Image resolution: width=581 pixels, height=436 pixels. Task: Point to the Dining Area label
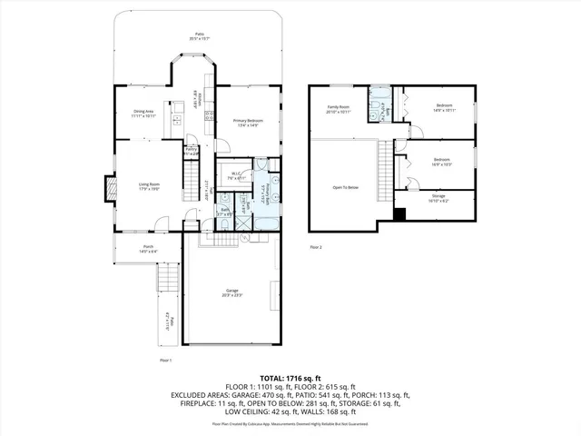point(144,114)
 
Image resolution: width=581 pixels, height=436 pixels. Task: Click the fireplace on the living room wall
point(112,188)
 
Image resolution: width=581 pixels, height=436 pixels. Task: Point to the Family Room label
point(339,108)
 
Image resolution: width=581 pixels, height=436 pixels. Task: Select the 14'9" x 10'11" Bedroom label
point(444,108)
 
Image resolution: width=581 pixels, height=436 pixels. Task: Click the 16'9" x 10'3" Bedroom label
point(443,161)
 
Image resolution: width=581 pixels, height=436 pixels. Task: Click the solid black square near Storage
point(399,213)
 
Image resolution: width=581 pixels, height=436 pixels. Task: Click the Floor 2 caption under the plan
point(315,246)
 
